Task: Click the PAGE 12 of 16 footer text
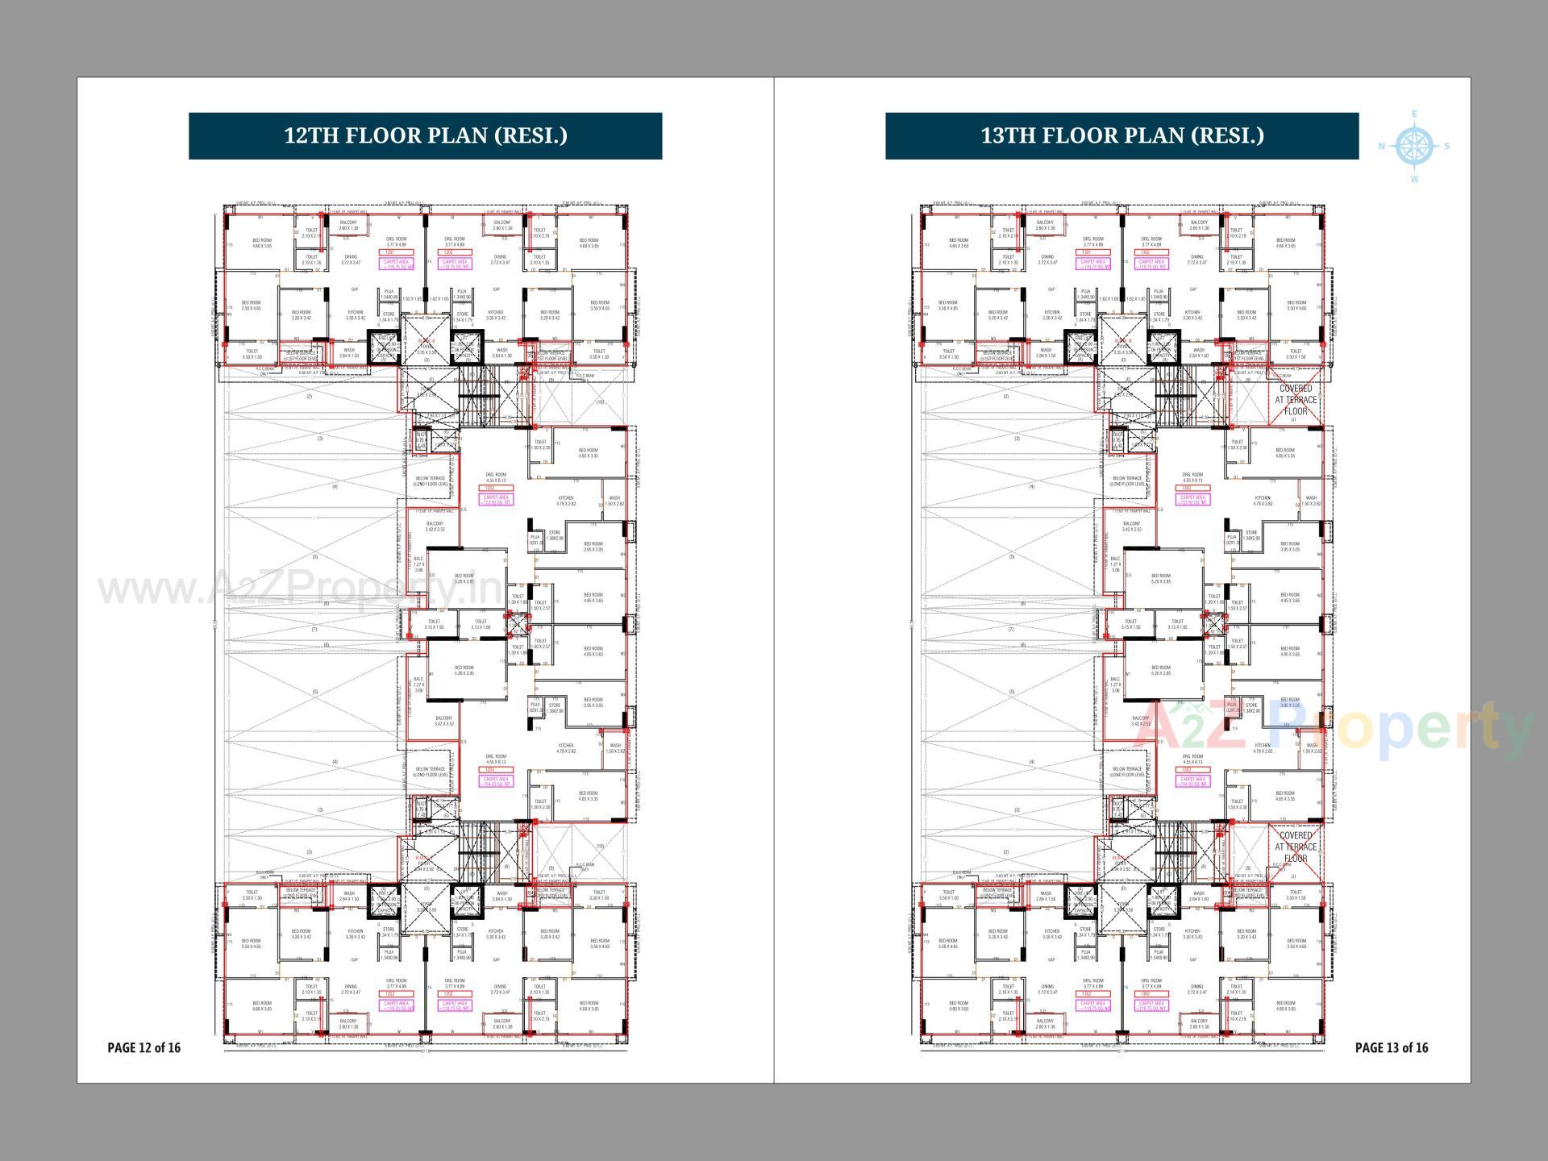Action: click(144, 1047)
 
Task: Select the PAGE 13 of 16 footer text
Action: click(1392, 1047)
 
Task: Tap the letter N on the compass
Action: click(1382, 147)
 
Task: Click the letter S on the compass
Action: click(1447, 147)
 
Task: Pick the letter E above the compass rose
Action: click(1414, 114)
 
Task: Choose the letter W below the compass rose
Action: click(1414, 180)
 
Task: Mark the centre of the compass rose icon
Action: click(1414, 147)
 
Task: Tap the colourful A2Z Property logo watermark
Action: click(1330, 730)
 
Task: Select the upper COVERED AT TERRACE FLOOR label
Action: click(1296, 400)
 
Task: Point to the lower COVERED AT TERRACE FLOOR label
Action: click(1296, 847)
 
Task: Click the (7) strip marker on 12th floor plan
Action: click(314, 630)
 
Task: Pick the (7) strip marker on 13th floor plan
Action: click(1011, 630)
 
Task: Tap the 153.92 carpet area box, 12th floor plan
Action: click(495, 499)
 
